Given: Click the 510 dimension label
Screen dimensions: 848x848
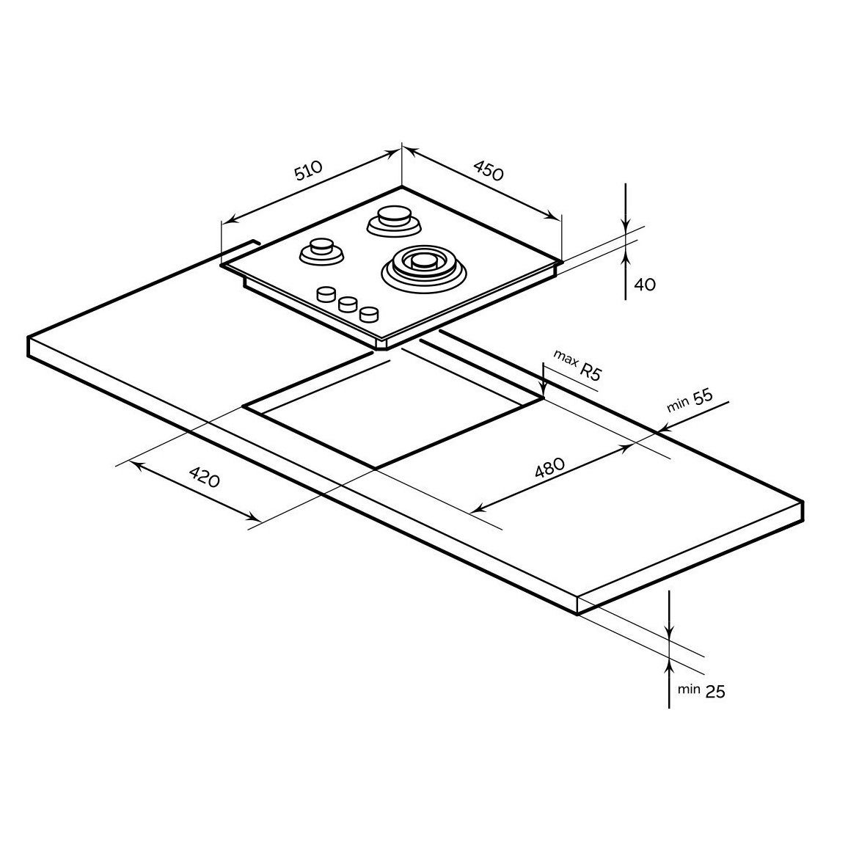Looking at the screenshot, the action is pyautogui.click(x=307, y=169).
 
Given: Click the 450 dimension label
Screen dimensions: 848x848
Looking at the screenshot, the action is pyautogui.click(x=489, y=169).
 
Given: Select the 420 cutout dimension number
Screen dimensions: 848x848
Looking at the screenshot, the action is pyautogui.click(x=205, y=477).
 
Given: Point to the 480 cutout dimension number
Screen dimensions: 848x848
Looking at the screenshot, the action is pyautogui.click(x=549, y=468).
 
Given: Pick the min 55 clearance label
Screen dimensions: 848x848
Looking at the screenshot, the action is pyautogui.click(x=690, y=401).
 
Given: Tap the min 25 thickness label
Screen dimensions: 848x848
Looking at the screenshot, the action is pyautogui.click(x=701, y=690).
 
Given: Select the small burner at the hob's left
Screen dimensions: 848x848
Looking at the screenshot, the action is pyautogui.click(x=321, y=252).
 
